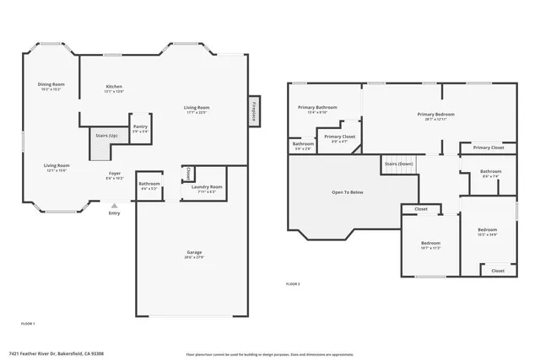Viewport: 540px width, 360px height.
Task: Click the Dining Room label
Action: click(x=51, y=84)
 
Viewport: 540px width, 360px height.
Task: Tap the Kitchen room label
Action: click(x=114, y=87)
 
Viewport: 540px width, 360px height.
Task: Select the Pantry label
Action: click(x=140, y=126)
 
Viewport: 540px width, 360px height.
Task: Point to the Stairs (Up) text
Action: click(x=105, y=134)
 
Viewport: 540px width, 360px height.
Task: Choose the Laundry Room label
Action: click(x=206, y=186)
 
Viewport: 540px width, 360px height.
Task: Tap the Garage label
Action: click(x=194, y=252)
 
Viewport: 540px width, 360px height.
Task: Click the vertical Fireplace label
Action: click(x=253, y=111)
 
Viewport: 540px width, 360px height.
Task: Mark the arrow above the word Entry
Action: click(x=114, y=204)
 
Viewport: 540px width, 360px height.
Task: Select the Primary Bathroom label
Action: click(x=316, y=107)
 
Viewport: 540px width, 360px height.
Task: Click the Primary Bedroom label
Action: click(x=436, y=114)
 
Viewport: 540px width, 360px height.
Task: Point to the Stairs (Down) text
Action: click(x=398, y=164)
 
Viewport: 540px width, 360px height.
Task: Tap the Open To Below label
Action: click(x=346, y=192)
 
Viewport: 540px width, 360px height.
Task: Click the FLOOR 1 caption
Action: click(x=28, y=324)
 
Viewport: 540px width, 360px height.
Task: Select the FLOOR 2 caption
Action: click(x=293, y=284)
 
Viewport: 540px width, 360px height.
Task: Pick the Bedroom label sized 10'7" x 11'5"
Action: click(x=430, y=244)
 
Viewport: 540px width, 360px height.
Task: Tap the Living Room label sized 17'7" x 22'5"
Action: click(x=197, y=107)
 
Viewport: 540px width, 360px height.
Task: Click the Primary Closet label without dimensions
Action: click(x=488, y=148)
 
